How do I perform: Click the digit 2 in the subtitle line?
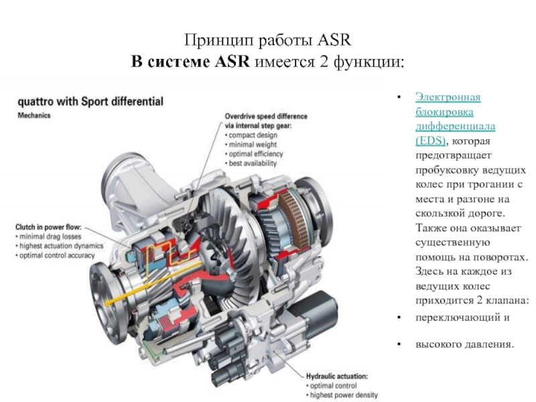click(324, 62)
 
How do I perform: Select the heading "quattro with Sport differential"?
click(90, 102)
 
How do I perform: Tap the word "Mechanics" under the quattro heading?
click(34, 115)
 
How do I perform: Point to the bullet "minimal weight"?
click(253, 145)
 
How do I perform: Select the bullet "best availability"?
click(253, 163)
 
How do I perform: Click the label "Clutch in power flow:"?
click(48, 227)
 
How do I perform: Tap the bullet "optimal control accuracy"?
click(57, 255)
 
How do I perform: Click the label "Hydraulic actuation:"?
click(337, 377)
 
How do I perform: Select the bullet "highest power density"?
click(344, 395)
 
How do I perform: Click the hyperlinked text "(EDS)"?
click(431, 141)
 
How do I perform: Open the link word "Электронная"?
click(448, 97)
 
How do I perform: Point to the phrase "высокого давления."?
click(465, 344)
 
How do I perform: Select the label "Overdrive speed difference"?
click(266, 117)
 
